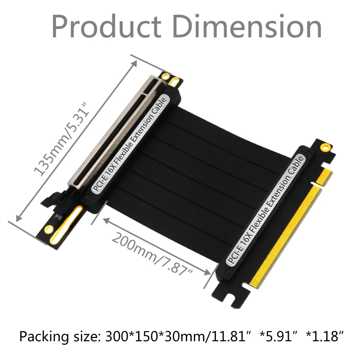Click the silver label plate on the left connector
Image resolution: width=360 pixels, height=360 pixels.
coord(131,144)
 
